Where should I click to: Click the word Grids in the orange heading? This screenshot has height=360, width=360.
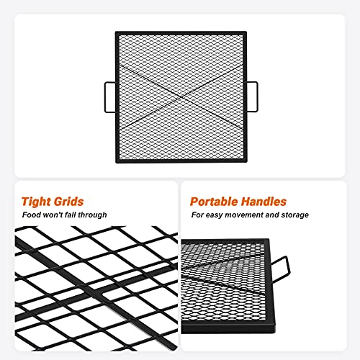pos(68,202)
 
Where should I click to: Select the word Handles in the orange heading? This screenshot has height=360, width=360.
pos(264,202)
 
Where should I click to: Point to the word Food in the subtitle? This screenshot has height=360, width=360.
pos(30,215)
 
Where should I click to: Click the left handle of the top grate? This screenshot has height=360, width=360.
pos(105,97)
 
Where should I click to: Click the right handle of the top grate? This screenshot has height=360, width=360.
pos(257,96)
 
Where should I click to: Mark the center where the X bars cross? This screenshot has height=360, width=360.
pos(181,97)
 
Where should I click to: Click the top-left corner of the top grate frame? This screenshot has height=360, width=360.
pos(116,32)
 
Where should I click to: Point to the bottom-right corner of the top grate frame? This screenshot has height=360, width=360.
pos(246,163)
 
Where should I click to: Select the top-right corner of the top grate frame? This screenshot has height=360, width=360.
pos(246,32)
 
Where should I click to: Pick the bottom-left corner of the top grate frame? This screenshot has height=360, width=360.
pos(116,163)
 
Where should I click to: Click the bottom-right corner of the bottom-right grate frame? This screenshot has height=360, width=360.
pos(275,333)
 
